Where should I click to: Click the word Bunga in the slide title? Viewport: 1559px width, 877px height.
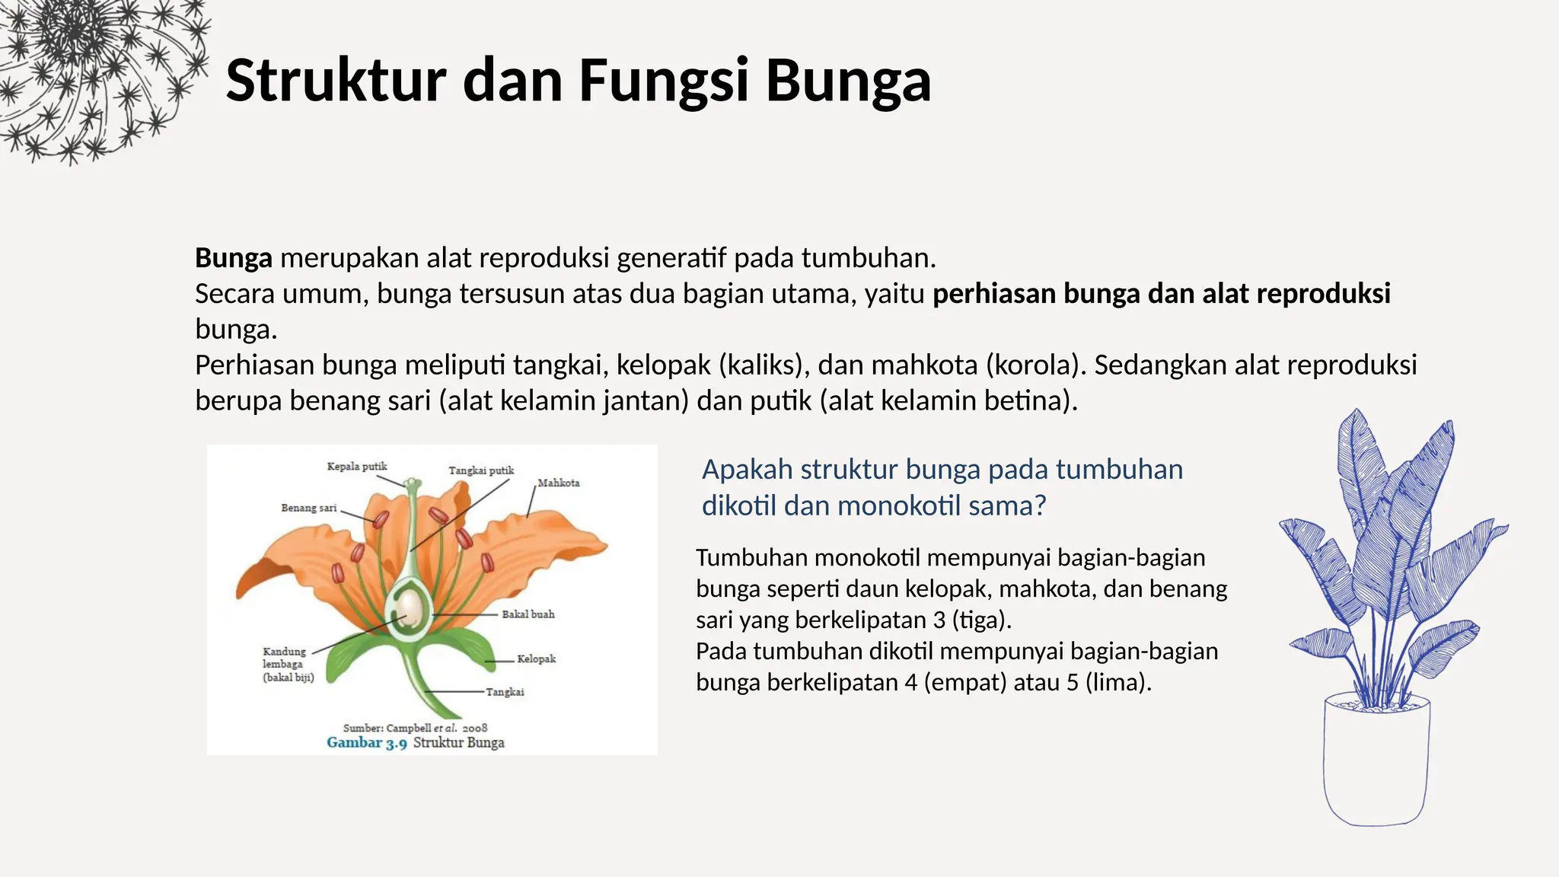click(x=848, y=81)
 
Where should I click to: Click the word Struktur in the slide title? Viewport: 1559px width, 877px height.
click(x=335, y=81)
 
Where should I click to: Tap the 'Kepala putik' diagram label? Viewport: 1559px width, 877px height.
click(x=356, y=467)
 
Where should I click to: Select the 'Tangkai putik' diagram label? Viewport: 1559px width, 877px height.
click(x=481, y=470)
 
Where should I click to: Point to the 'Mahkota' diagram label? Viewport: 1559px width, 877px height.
click(x=559, y=483)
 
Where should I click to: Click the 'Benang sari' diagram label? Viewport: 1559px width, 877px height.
click(x=308, y=508)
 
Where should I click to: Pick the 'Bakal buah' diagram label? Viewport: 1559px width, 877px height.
click(x=528, y=614)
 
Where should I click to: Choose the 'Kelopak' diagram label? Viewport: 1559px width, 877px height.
click(x=537, y=659)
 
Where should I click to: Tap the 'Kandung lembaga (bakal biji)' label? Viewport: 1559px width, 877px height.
click(x=288, y=664)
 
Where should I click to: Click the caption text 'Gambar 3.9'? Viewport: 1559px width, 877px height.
click(x=366, y=743)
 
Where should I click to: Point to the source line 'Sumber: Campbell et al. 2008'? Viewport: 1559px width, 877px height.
click(x=415, y=728)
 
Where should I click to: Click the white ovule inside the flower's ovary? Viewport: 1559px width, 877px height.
click(x=410, y=607)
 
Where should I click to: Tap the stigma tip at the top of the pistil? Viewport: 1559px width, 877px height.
click(x=412, y=483)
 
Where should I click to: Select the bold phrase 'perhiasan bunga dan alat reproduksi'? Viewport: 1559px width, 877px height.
click(x=1161, y=294)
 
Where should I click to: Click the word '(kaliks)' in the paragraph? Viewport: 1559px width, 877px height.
click(x=764, y=365)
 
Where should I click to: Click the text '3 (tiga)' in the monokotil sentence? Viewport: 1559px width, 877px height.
click(x=971, y=620)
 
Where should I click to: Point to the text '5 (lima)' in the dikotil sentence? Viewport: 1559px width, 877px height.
click(x=1108, y=682)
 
